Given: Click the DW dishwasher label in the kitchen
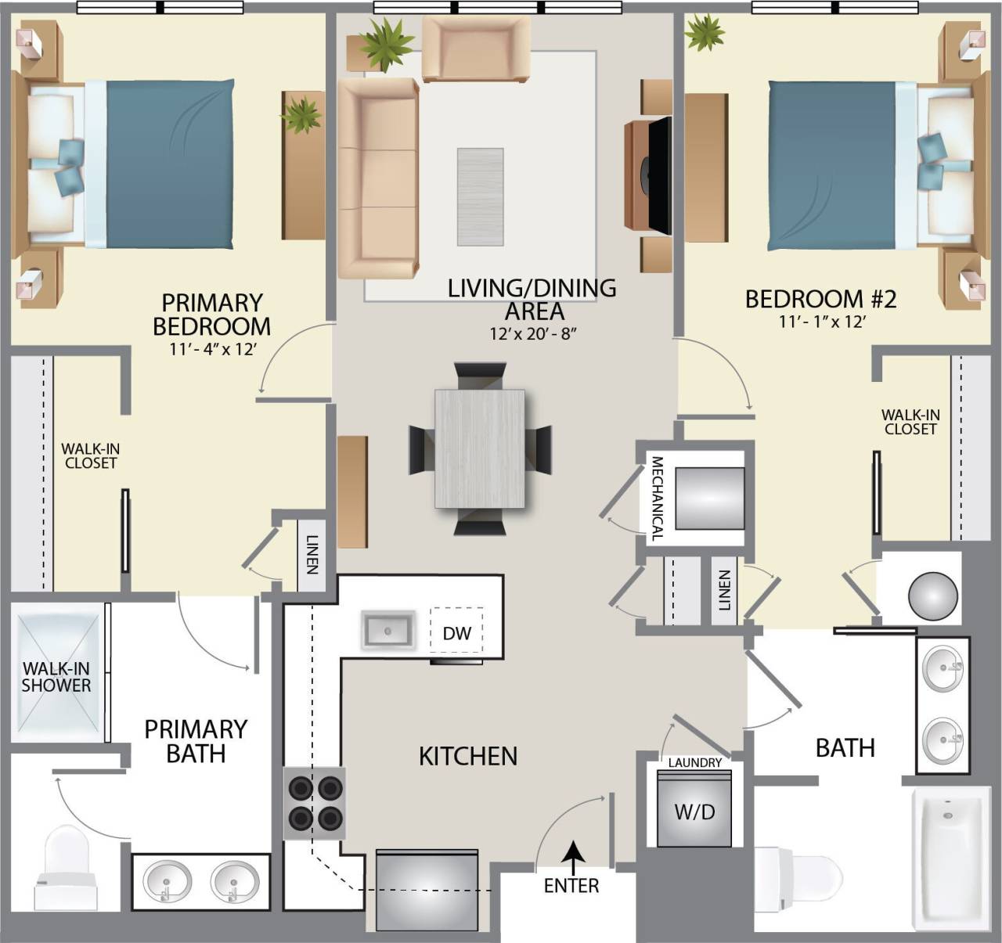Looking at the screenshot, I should coord(456,632).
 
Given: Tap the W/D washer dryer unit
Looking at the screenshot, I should coord(694,811).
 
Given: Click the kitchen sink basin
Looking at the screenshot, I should coord(387,630).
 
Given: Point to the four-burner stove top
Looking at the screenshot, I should coord(315,803).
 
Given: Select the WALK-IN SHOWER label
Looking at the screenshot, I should coord(56,677).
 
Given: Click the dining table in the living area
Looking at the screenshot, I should coord(479,448).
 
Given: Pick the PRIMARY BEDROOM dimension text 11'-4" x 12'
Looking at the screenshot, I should coord(212,350).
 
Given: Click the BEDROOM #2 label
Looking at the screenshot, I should coord(820,299).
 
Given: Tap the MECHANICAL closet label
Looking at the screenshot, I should coord(657,498).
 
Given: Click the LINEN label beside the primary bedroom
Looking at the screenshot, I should coord(312,554).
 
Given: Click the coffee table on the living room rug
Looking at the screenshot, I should coord(480,196).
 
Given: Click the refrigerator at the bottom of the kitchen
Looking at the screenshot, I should coord(427,891).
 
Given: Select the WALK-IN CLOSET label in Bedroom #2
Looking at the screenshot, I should coord(910,422).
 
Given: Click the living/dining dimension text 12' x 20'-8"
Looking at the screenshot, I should coord(533,334).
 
